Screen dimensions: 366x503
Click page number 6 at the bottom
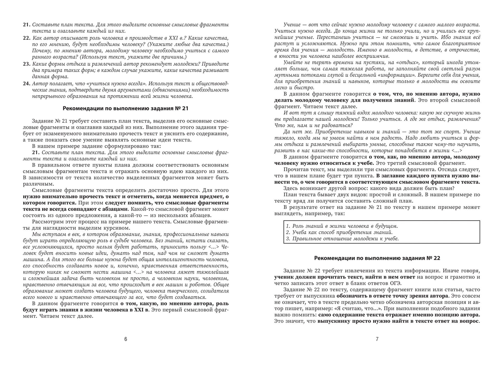126,339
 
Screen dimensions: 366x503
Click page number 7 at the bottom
377,339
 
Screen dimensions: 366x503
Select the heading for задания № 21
126,109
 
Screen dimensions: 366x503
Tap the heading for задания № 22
377,258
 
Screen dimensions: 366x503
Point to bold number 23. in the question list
27,64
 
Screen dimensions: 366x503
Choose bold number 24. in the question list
27,83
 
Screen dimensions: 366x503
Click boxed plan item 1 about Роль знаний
342,226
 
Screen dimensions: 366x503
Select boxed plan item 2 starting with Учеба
339,232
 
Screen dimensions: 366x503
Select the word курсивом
112,228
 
